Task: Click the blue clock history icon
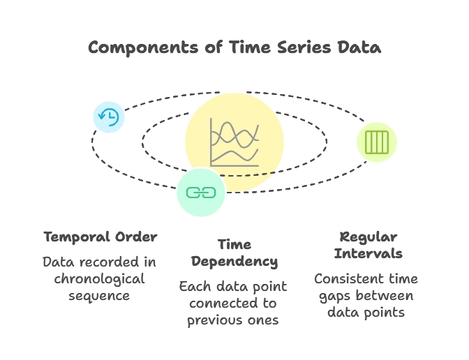tap(109, 117)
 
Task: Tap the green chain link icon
tap(201, 193)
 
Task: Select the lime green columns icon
tap(377, 142)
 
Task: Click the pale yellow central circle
tap(262, 112)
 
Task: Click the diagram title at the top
tap(234, 48)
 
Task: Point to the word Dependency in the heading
tap(234, 262)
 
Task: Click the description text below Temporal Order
tap(100, 278)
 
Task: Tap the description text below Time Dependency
tap(234, 303)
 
